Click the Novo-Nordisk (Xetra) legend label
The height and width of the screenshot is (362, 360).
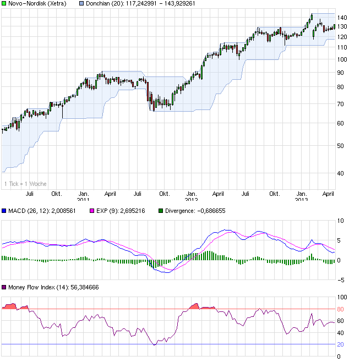coord(37,4)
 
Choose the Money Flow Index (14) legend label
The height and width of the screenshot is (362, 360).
coord(37,288)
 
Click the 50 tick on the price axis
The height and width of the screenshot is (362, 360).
coord(341,146)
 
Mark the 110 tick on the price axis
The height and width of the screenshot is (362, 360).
coord(343,47)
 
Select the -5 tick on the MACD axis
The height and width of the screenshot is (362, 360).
coord(341,280)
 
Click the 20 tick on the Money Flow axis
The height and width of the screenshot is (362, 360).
coord(341,345)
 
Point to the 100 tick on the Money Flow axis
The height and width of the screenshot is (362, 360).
coord(343,297)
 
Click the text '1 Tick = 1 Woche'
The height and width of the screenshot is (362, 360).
coord(25,184)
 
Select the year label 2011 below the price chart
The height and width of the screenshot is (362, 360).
coord(83,199)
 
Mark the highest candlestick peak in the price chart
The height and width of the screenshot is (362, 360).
coord(312,14)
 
